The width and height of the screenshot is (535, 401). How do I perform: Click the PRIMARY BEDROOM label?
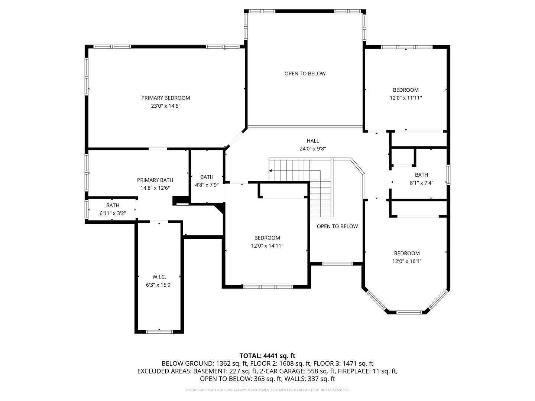click(165, 98)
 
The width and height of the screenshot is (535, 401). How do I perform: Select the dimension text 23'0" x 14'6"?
click(165, 106)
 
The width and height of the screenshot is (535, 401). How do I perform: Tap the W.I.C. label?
click(159, 277)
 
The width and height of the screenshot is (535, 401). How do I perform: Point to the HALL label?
click(312, 141)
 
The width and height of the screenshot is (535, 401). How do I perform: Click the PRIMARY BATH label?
click(155, 180)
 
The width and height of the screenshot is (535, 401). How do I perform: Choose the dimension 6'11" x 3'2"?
click(113, 213)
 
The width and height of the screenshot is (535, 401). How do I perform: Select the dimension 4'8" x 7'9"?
click(207, 185)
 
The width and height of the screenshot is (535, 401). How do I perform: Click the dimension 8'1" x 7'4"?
click(421, 183)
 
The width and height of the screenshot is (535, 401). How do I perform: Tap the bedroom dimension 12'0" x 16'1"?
click(407, 261)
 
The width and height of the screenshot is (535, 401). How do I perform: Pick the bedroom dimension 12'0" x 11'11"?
click(406, 98)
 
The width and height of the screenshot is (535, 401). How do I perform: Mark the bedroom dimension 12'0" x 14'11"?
click(267, 246)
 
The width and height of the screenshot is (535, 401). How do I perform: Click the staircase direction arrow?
click(270, 171)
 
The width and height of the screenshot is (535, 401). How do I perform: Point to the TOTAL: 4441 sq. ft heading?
click(267, 356)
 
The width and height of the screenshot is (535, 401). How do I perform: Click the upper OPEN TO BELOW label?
click(305, 74)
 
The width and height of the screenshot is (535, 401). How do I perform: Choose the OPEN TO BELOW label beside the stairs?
click(337, 226)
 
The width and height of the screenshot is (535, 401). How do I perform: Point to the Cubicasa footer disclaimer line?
click(267, 390)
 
